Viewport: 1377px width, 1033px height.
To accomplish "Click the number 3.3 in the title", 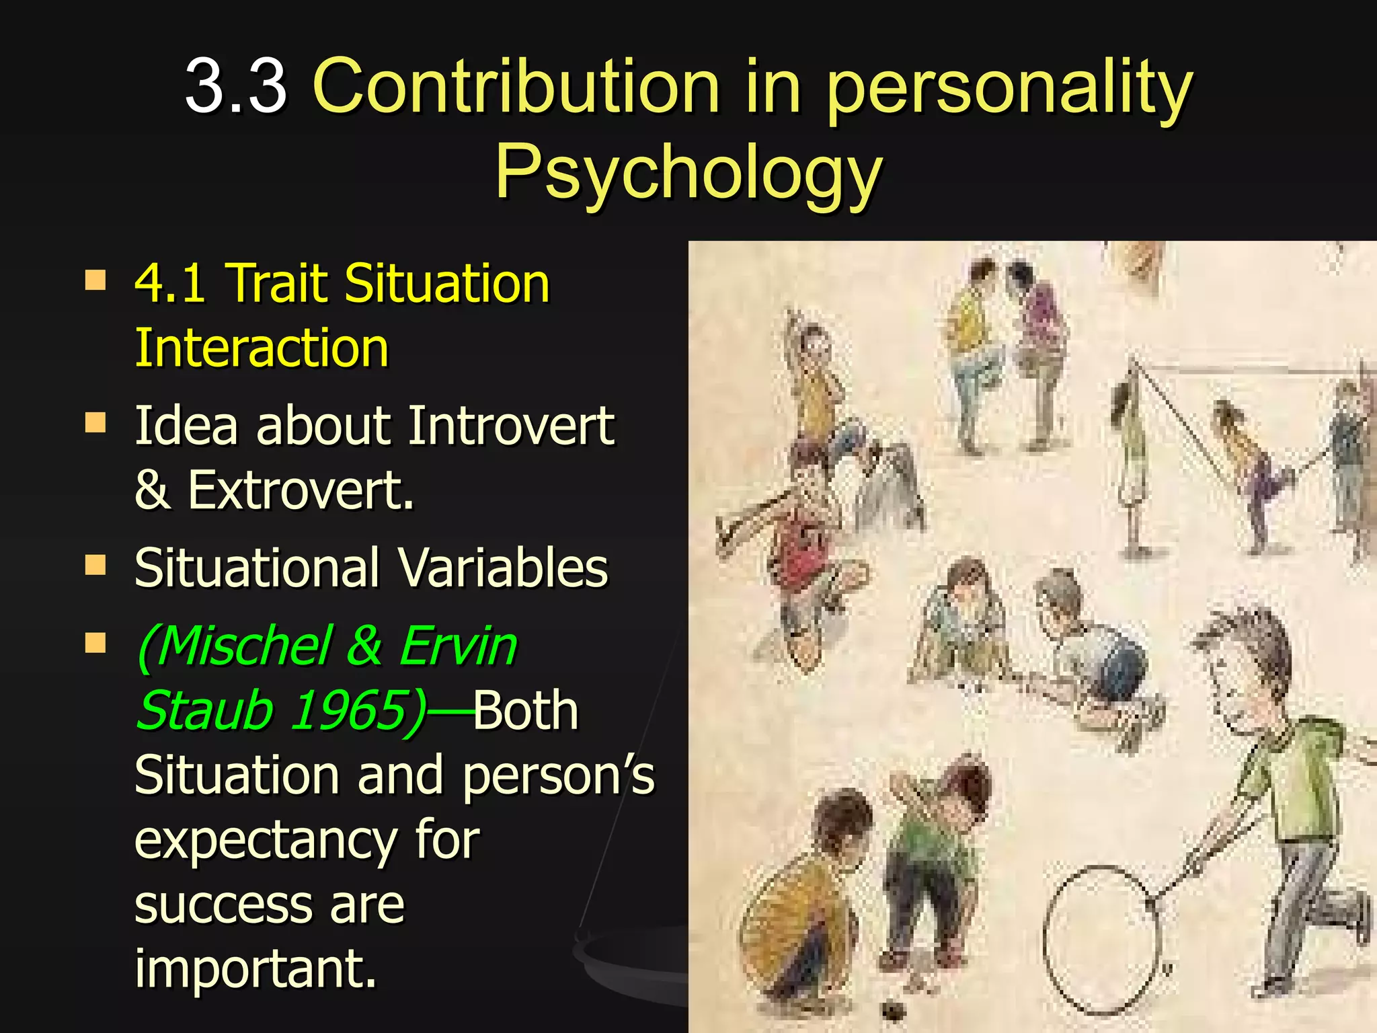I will pos(236,86).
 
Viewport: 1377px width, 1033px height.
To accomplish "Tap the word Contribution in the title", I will pos(516,86).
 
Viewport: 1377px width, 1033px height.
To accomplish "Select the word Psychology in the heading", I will pos(688,172).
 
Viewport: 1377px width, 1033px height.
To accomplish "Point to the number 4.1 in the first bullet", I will pos(170,283).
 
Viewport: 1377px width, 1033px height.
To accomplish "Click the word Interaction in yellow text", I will pos(262,348).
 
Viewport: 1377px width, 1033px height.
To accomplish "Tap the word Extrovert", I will pos(300,490).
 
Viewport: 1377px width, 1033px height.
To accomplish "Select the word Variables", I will pos(503,568).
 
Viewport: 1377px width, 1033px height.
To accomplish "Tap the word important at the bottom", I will pos(255,968).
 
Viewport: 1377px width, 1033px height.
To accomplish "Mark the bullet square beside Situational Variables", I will pos(95,566).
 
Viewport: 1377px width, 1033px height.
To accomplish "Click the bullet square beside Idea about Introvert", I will pos(95,423).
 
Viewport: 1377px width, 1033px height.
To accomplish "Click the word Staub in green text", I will pos(204,710).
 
